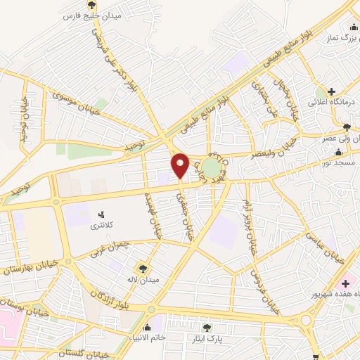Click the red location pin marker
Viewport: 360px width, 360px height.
coord(181,165)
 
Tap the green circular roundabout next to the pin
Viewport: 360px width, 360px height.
coord(211,168)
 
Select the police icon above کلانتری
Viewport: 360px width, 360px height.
coord(101,214)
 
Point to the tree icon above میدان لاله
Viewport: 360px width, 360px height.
coord(145,267)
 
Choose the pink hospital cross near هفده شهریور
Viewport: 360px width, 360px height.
coord(346,282)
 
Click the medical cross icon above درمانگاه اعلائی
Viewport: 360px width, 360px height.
coord(330,91)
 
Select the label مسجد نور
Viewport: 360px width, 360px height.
coord(340,162)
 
